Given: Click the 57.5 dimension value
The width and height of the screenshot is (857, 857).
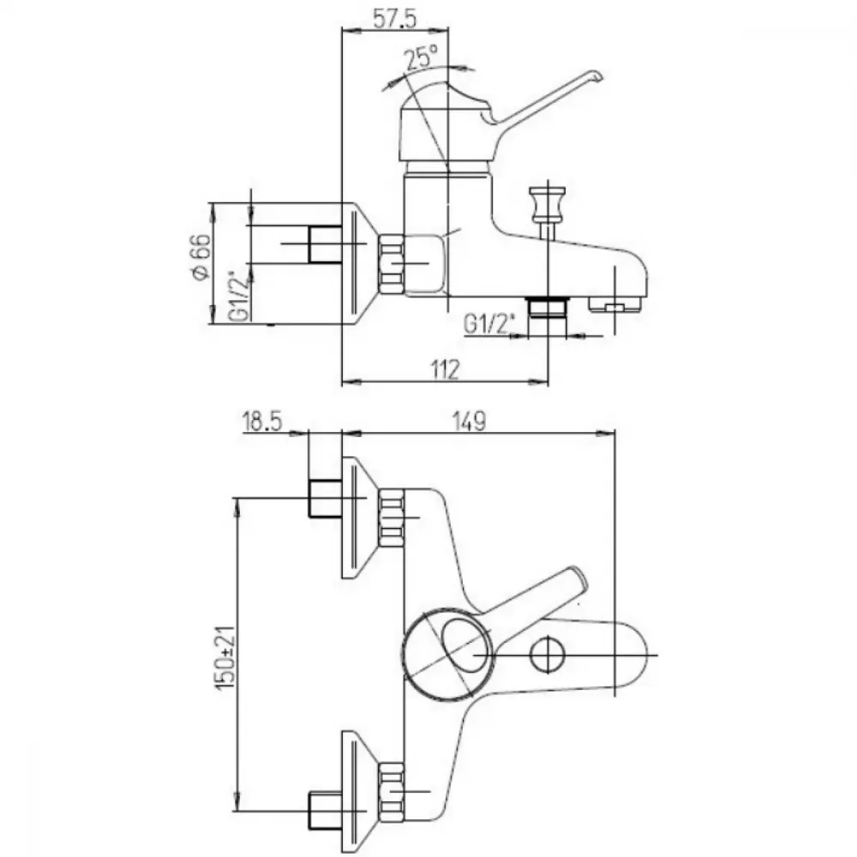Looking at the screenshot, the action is pyautogui.click(x=394, y=19).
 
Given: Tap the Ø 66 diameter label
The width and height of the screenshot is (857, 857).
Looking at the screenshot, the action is pyautogui.click(x=201, y=257).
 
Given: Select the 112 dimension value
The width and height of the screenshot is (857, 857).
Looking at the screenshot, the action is pyautogui.click(x=445, y=370).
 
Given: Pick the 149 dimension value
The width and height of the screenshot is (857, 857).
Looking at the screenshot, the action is pyautogui.click(x=469, y=422).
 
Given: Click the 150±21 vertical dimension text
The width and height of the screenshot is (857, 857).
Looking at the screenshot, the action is pyautogui.click(x=225, y=657).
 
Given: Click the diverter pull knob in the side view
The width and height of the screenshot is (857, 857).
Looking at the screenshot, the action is pyautogui.click(x=547, y=204).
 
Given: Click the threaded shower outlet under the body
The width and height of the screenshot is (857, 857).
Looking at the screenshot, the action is pyautogui.click(x=547, y=307).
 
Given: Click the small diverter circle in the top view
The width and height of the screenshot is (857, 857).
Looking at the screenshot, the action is pyautogui.click(x=548, y=655).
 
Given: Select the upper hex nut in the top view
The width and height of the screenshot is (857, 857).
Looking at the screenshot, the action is pyautogui.click(x=391, y=517).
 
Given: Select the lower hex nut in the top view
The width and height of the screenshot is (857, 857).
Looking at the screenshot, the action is pyautogui.click(x=391, y=791).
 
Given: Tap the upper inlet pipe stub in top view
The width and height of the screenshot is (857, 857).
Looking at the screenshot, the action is pyautogui.click(x=326, y=497).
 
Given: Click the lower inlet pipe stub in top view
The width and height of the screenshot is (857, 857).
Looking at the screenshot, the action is pyautogui.click(x=326, y=810).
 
